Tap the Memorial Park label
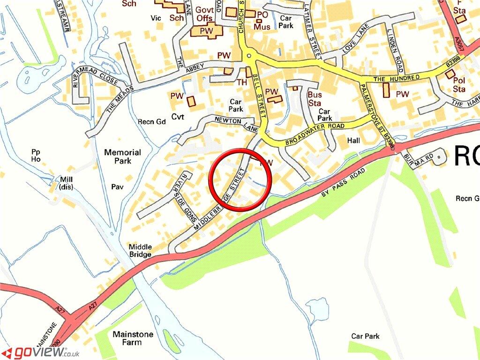click(122, 157)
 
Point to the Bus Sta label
click(315, 99)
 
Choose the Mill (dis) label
click(65, 183)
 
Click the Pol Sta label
click(459, 84)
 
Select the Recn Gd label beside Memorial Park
click(152, 122)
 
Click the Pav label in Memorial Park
click(117, 187)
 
